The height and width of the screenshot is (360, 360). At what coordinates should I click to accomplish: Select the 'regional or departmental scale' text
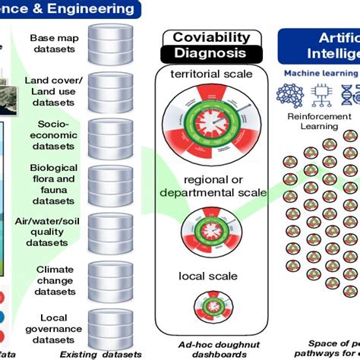pyautogui.click(x=213, y=187)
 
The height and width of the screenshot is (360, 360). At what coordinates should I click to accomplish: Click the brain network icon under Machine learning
pyautogui.click(x=291, y=94)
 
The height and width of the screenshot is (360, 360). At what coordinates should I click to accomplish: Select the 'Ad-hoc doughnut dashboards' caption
pyautogui.click(x=210, y=348)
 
